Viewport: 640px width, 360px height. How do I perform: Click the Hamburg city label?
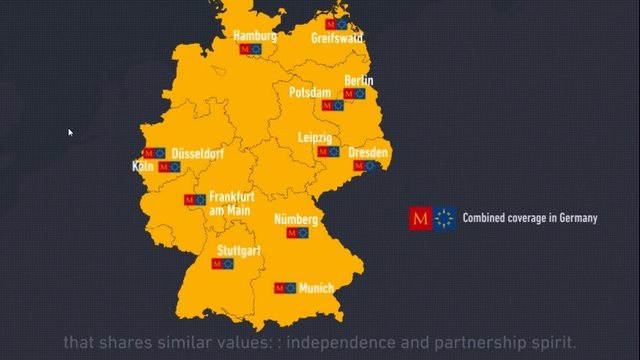[254, 36]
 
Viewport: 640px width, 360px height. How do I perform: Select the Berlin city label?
[359, 80]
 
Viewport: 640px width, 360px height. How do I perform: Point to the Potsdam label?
[310, 93]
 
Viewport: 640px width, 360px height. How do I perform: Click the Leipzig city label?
[315, 137]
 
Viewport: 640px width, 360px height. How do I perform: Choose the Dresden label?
[368, 153]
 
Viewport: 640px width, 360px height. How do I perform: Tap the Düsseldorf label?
[198, 154]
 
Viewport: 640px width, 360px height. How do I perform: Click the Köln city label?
[142, 167]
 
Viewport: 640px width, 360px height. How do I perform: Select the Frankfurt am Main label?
[231, 203]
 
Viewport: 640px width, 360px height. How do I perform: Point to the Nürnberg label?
[296, 219]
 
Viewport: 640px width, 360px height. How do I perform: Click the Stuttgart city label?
[239, 251]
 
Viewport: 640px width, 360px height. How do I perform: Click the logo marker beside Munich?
[284, 288]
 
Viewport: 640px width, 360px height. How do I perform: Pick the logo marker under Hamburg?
[251, 48]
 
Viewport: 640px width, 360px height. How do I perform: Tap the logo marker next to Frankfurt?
[194, 200]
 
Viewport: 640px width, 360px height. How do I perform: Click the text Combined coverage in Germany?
[529, 218]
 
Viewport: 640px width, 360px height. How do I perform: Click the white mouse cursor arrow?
[70, 132]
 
